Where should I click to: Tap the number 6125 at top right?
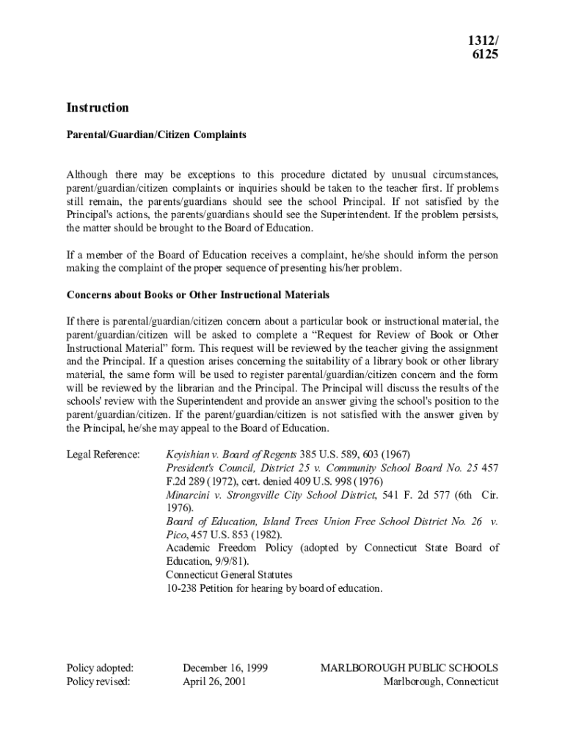coord(485,54)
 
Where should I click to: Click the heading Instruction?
coord(98,108)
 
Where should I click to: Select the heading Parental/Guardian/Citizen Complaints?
coord(156,135)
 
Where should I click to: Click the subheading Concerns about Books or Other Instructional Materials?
coord(198,295)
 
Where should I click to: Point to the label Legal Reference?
coord(103,455)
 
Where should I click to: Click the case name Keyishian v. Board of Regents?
coord(231,455)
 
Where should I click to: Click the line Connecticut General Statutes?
coord(229,575)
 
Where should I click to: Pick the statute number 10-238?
coord(180,588)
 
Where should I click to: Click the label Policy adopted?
coord(101,668)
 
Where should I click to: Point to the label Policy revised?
coord(98,681)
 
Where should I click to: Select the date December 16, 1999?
coord(225,668)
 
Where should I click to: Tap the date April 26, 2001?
coord(214,681)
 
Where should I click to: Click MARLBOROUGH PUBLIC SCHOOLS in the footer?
coord(409,668)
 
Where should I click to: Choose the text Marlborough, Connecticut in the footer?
coord(441,681)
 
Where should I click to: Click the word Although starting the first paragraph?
coord(87,175)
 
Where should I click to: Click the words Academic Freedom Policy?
coord(231,548)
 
